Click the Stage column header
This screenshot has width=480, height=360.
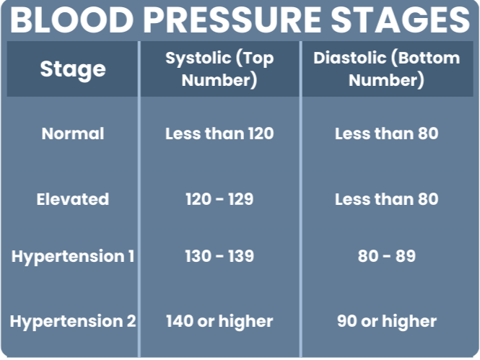pyautogui.click(x=72, y=69)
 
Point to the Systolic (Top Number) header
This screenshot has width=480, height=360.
pyautogui.click(x=219, y=69)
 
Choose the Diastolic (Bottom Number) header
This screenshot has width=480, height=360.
pyautogui.click(x=386, y=69)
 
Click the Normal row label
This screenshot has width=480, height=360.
pyautogui.click(x=73, y=133)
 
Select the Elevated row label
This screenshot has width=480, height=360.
pyautogui.click(x=73, y=198)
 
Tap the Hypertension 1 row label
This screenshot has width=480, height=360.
pyautogui.click(x=73, y=256)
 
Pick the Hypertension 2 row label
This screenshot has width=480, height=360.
pyautogui.click(x=73, y=321)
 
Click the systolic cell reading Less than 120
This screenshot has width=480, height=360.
pyautogui.click(x=219, y=133)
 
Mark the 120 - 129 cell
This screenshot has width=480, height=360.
pyautogui.click(x=219, y=198)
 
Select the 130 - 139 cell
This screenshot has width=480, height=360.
pyautogui.click(x=219, y=256)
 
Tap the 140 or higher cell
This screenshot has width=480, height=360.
pyautogui.click(x=219, y=321)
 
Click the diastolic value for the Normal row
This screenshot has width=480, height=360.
pyautogui.click(x=386, y=133)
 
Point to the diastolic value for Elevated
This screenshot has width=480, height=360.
pyautogui.click(x=386, y=198)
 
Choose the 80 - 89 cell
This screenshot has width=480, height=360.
pyautogui.click(x=386, y=256)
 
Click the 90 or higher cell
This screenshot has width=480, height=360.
pyautogui.click(x=386, y=321)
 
